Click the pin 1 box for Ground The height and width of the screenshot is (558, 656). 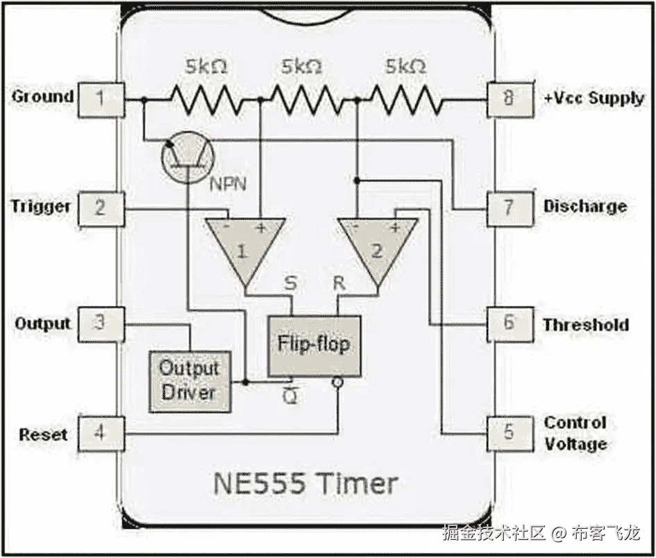(101, 99)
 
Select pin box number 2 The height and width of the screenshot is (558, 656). (101, 208)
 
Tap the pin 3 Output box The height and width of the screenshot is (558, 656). (101, 323)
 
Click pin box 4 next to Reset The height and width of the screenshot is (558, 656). (101, 434)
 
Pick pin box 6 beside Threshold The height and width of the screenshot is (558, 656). (510, 324)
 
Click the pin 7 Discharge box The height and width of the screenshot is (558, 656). (510, 208)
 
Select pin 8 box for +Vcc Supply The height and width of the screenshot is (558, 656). (510, 99)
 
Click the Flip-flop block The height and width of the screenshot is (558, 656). (314, 345)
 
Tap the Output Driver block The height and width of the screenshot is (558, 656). (189, 381)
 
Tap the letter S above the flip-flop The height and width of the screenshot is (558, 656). (290, 284)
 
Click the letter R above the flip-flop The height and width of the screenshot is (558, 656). (339, 284)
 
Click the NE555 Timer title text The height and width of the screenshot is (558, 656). (305, 483)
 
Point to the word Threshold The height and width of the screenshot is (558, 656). (585, 325)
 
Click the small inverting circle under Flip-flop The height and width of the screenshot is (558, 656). (337, 383)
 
